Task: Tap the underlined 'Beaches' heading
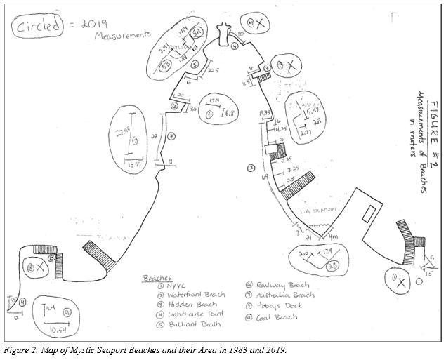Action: [x=155, y=276]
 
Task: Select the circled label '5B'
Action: [x=166, y=65]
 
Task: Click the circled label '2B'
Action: [x=333, y=265]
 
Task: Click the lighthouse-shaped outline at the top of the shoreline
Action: [x=225, y=31]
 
